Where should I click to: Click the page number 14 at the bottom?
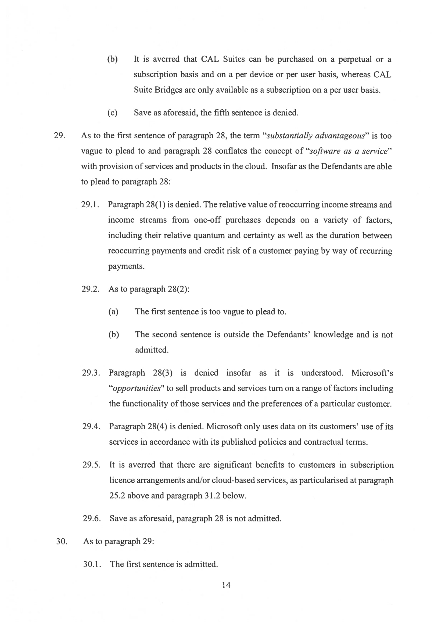coord(226,585)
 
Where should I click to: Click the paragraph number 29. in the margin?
coord(59,136)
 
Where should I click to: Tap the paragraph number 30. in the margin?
coord(62,541)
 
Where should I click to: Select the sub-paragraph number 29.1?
coord(90,205)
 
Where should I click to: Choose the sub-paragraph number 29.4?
coord(91,427)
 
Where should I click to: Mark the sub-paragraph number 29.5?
coord(92,465)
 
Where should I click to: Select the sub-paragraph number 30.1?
coord(92,564)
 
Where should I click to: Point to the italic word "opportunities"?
coord(137,389)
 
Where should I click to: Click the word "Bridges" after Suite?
coord(168,90)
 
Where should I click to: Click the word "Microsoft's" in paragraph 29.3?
coord(372,373)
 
